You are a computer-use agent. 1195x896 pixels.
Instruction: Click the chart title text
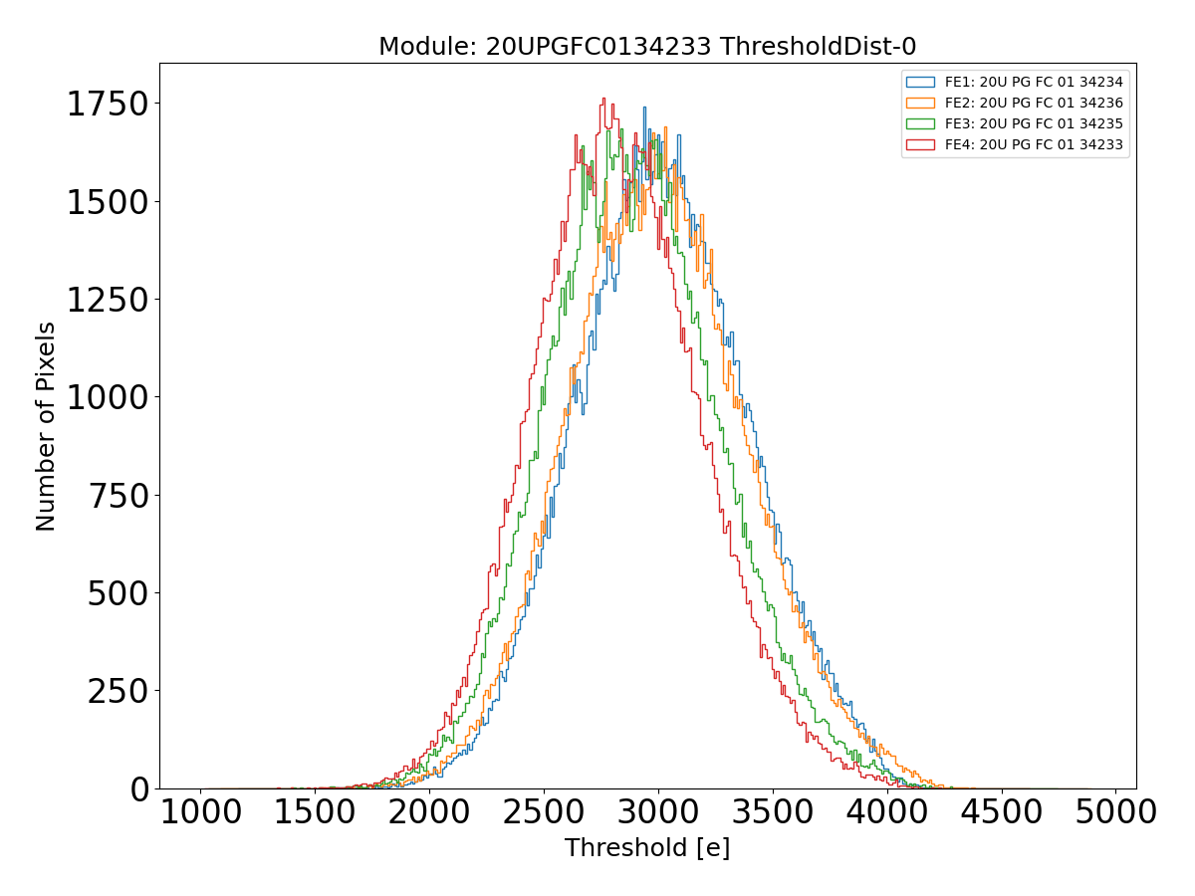pos(647,47)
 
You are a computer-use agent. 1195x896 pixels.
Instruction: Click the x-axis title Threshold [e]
pos(647,848)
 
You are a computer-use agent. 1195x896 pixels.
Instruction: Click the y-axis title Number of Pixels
pos(46,426)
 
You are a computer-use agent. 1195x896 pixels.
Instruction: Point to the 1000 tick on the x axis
pos(201,812)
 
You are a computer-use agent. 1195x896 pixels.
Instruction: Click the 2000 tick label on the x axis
pos(429,812)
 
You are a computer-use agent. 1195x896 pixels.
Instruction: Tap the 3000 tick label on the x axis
pos(657,812)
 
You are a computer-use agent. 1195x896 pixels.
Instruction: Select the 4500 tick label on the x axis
pos(1000,812)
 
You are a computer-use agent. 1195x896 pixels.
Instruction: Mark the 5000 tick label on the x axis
pos(1114,812)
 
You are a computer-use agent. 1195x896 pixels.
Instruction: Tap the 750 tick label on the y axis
pos(119,496)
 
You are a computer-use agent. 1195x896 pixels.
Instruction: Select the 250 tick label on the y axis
pos(119,691)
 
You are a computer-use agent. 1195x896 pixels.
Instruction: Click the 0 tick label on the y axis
pos(140,788)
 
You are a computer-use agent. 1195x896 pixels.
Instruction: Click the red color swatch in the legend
pos(921,144)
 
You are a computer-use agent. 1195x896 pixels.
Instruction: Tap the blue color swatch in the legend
pos(921,82)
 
